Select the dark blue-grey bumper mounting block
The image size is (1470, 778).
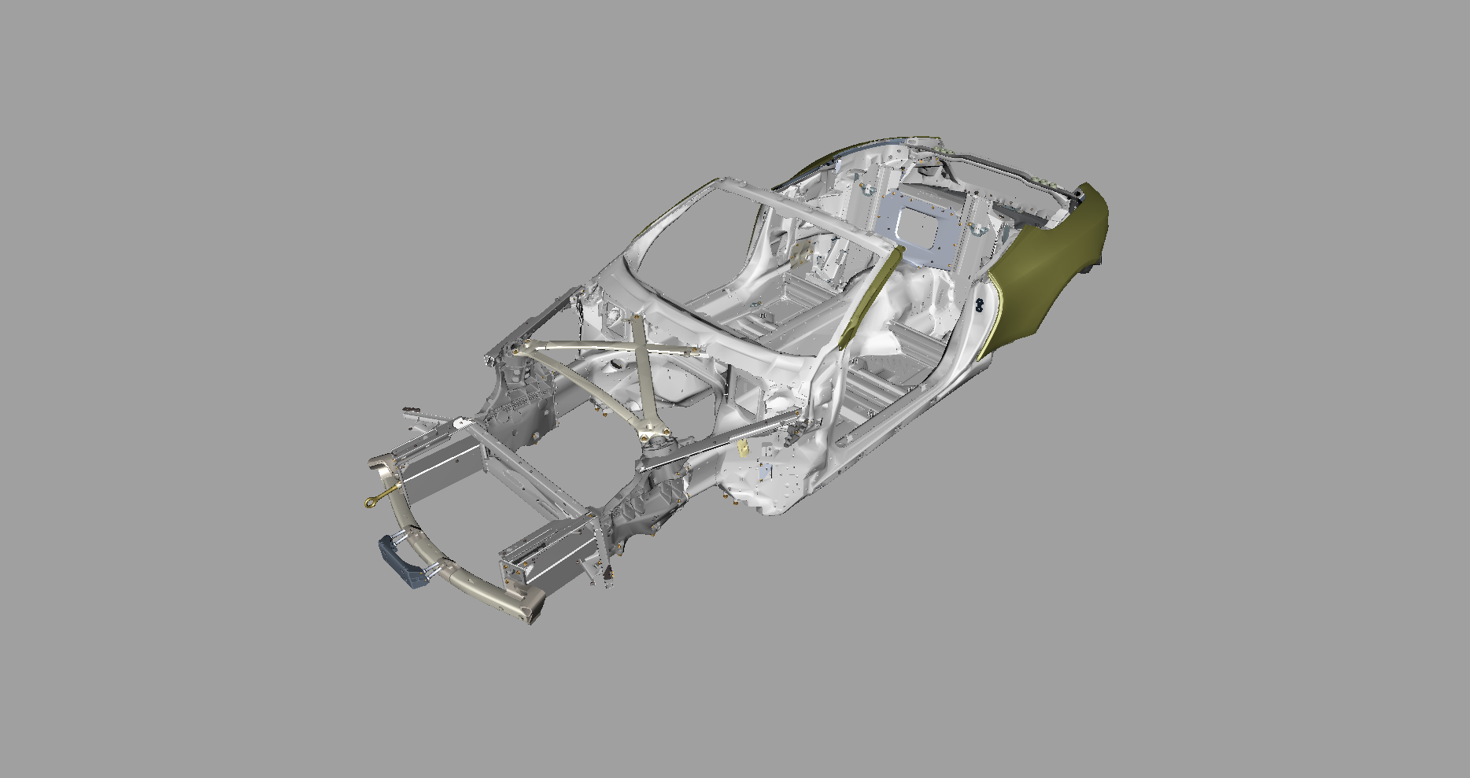[400, 560]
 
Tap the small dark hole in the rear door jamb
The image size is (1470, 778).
[981, 302]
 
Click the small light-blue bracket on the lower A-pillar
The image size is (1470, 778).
[767, 473]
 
